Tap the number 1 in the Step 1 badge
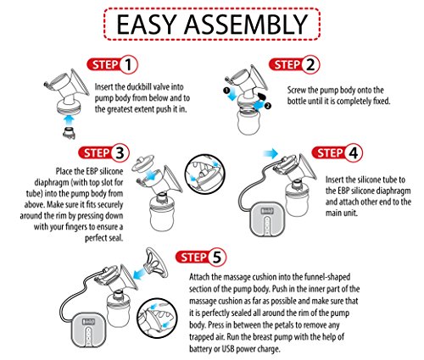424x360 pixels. coord(128,65)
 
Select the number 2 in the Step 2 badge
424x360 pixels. coord(310,65)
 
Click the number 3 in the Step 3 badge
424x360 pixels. coord(120,153)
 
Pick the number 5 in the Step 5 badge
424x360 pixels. coord(217,258)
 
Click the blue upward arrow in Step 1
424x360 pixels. coord(69,120)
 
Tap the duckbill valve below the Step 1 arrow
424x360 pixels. coord(70,133)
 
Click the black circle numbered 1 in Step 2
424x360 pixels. coord(226,90)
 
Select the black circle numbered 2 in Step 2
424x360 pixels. coord(268,106)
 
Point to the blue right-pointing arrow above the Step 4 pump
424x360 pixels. coord(271,154)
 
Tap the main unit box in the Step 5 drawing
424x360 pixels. coord(90,330)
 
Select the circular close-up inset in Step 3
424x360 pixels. coord(205,174)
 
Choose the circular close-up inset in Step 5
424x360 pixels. coord(157,318)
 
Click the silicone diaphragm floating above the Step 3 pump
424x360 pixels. coord(142,163)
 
